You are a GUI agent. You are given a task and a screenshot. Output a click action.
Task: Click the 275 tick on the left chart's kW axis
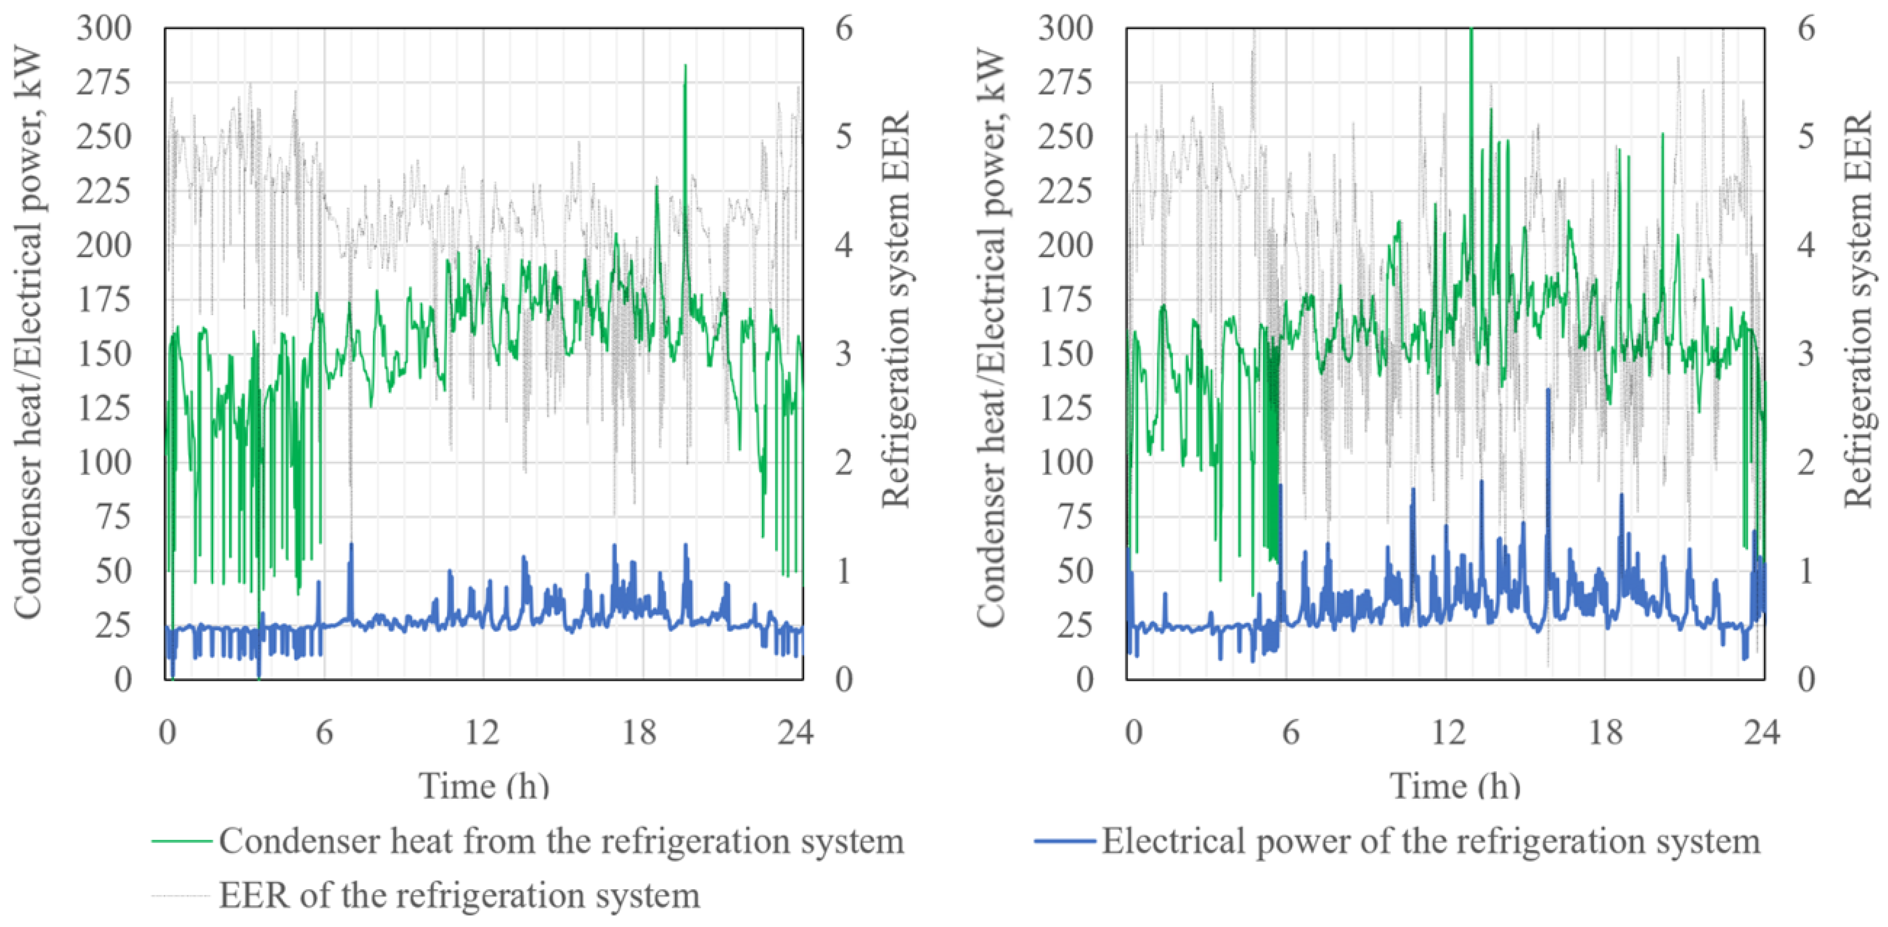click(x=103, y=83)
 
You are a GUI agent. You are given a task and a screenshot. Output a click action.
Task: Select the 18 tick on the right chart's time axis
click(x=1605, y=732)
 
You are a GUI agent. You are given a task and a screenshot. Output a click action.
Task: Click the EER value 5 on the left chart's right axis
click(x=844, y=137)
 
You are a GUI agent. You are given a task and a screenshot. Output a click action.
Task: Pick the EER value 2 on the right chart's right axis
click(x=1806, y=462)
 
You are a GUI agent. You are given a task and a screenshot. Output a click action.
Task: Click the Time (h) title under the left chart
click(x=484, y=786)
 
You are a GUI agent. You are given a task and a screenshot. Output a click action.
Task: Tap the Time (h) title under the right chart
click(x=1455, y=786)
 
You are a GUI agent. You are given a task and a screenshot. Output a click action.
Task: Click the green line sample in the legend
click(x=182, y=840)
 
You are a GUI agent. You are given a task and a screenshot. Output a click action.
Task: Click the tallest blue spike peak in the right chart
click(x=1548, y=390)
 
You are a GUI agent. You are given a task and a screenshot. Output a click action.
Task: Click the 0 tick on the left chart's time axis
click(x=168, y=732)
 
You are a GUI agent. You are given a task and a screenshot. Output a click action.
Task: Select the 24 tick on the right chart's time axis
click(x=1761, y=732)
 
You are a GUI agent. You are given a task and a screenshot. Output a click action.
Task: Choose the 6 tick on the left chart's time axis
click(x=325, y=732)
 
